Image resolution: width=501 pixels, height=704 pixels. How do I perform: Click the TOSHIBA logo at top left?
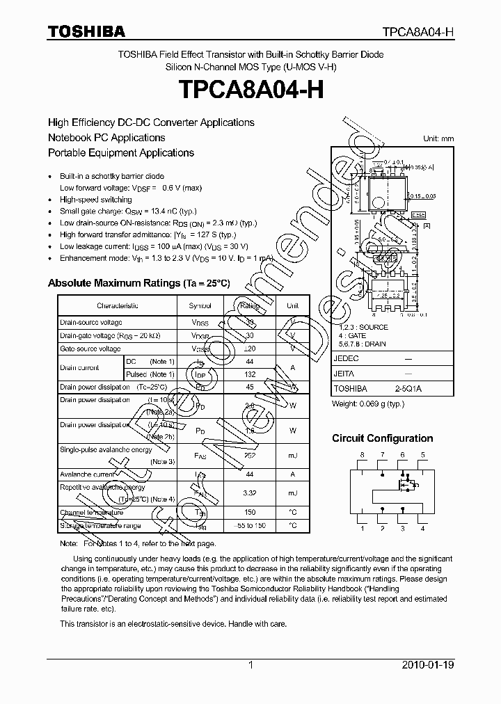pyautogui.click(x=86, y=31)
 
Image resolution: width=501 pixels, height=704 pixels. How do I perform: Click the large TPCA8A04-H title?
pyautogui.click(x=250, y=90)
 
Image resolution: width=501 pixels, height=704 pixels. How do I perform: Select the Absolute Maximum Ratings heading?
pyautogui.click(x=138, y=283)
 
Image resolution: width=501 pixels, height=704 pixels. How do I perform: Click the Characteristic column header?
pyautogui.click(x=118, y=305)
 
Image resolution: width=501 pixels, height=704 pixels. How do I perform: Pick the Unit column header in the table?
pyautogui.click(x=292, y=305)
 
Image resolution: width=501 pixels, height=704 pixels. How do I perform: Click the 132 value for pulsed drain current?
pyautogui.click(x=249, y=374)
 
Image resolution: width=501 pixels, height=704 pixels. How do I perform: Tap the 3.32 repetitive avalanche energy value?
pyautogui.click(x=249, y=493)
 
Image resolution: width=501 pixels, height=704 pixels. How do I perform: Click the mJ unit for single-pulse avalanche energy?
pyautogui.click(x=292, y=455)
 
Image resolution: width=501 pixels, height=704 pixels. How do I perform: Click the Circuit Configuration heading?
pyautogui.click(x=382, y=438)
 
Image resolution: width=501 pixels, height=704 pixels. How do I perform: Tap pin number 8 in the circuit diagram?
pyautogui.click(x=362, y=455)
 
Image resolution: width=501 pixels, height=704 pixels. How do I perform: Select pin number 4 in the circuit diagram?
pyautogui.click(x=422, y=528)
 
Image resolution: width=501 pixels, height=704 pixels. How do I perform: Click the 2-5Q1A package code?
pyautogui.click(x=408, y=389)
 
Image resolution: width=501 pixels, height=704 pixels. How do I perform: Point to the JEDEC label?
pyautogui.click(x=347, y=358)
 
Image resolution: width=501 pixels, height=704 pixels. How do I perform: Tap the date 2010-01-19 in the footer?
pyautogui.click(x=429, y=666)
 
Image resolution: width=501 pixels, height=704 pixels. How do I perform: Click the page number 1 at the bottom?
pyautogui.click(x=250, y=666)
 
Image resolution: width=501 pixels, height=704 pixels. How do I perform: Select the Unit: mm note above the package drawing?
pyautogui.click(x=438, y=139)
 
